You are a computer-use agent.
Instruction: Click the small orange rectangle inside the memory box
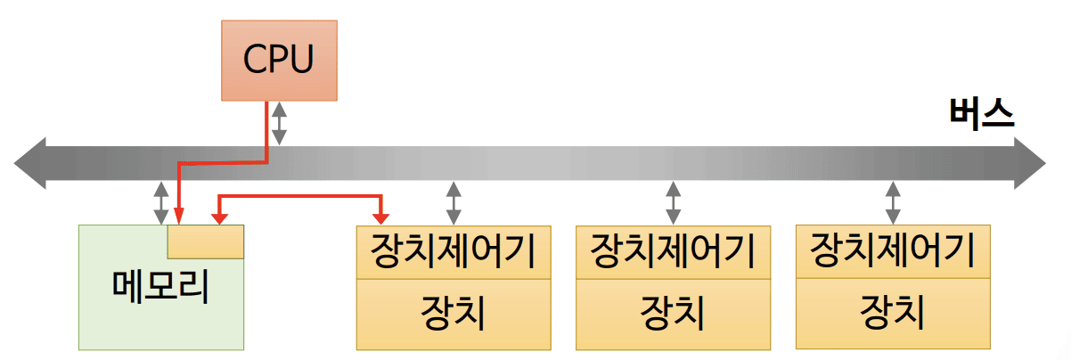click(206, 241)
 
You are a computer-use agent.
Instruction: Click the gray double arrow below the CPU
click(280, 123)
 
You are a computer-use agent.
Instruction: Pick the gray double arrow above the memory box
click(160, 203)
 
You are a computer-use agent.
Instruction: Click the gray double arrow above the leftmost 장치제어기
click(454, 203)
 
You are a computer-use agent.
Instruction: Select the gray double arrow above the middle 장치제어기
click(674, 203)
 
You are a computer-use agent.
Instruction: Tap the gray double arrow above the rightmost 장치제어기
click(893, 203)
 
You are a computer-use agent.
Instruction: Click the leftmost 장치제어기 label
click(454, 251)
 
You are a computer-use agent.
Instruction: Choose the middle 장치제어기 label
click(674, 251)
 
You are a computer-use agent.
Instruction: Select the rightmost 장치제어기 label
click(893, 250)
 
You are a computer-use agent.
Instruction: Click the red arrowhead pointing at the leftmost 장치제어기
click(381, 217)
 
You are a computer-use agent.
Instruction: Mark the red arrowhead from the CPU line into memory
click(178, 217)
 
